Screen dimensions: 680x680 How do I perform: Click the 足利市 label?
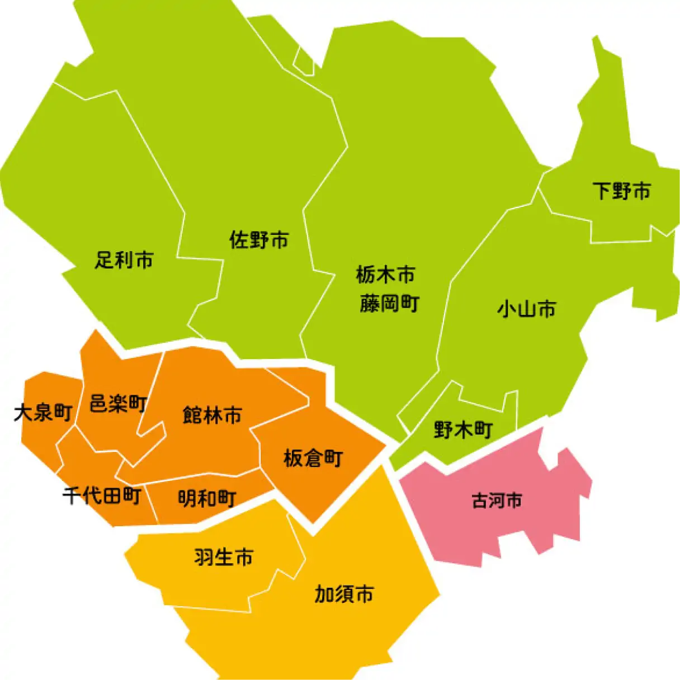coord(124,260)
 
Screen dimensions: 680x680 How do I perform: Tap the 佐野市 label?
coord(258,240)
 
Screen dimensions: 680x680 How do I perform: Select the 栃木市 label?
coord(385,275)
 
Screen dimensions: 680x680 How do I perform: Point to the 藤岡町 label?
coord(389,304)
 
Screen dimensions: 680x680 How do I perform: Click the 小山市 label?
coord(526,309)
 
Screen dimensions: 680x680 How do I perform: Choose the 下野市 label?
coord(621,191)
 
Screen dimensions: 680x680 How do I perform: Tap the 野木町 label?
coord(463,430)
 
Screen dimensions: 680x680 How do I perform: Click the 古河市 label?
coord(497,500)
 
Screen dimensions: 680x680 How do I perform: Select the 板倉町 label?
coord(313,459)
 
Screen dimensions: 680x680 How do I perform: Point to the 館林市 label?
coord(212,415)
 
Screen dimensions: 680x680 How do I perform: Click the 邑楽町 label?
coord(118,403)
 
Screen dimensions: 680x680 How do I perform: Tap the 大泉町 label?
coord(43,413)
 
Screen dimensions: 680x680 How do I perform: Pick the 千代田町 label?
coord(101,495)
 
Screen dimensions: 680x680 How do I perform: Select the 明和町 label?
coord(207,498)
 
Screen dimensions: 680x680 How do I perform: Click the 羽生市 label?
coord(224,557)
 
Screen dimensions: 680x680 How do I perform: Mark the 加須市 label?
coord(344,594)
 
